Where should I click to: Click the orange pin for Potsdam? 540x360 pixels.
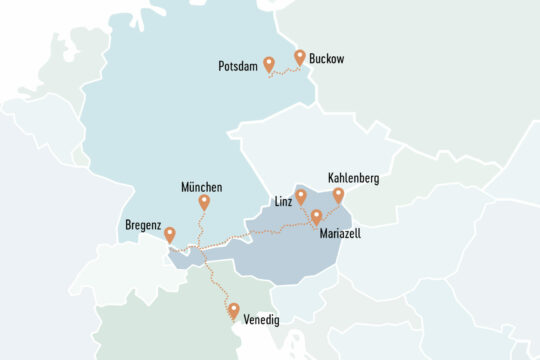coord(268,65)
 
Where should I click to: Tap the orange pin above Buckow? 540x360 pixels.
coord(300,57)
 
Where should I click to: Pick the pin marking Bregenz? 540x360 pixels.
coord(170,235)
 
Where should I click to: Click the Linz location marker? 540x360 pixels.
coord(301,196)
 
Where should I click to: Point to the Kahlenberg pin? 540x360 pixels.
coord(338,195)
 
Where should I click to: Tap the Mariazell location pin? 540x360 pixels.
coord(316,216)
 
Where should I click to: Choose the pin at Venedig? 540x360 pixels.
coord(234,311)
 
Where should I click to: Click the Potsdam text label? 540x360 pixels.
coord(238,67)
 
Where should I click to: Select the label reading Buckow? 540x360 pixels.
coord(326,59)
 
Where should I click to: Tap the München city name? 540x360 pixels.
coord(202,187)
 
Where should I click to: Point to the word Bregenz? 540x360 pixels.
coord(143,226)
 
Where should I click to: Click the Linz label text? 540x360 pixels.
coord(283,202)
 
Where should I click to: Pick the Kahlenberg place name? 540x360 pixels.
coord(353,179)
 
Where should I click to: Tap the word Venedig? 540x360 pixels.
coord(262,319)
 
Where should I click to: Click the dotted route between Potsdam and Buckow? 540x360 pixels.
coord(285,71)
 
